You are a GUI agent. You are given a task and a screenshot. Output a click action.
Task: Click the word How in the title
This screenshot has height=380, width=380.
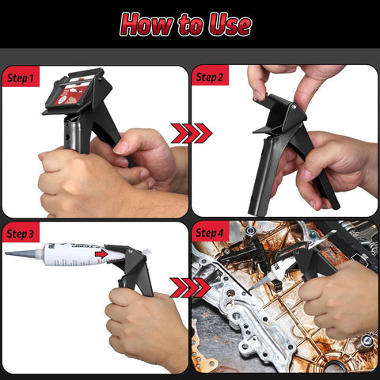click(150, 25)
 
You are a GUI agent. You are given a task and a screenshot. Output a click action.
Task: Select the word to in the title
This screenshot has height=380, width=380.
click(190, 25)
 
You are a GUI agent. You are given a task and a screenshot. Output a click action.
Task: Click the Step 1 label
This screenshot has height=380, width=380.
click(21, 78)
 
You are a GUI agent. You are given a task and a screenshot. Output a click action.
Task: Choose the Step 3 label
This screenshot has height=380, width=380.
click(21, 234)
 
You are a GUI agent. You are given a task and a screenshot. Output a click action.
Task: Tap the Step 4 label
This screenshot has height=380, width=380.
click(210, 234)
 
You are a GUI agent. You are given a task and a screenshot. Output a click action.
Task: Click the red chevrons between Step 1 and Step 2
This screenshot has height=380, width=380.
click(190, 133)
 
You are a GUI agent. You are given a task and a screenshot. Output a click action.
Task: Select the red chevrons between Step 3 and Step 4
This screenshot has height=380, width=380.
click(190, 287)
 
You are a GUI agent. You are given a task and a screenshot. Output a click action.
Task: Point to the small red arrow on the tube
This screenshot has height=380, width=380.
click(101, 254)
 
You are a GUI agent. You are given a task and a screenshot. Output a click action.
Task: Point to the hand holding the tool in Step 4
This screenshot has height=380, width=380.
click(336, 297)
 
